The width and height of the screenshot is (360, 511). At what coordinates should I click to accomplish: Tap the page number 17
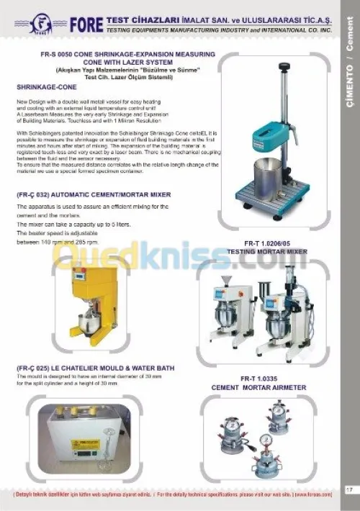click(x=348, y=490)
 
